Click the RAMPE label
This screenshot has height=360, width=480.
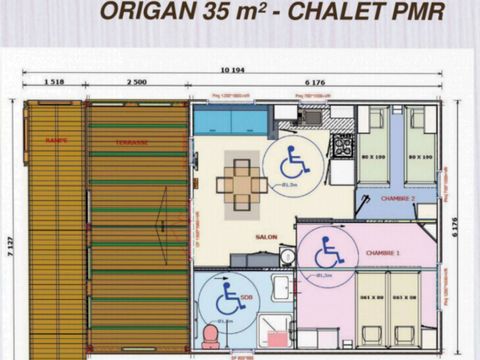[56, 141]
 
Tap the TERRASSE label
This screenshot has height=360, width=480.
[132, 142]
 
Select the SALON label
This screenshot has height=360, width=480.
[265, 236]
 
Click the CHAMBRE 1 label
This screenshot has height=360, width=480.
[384, 253]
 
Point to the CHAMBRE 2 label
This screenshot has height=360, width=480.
[398, 198]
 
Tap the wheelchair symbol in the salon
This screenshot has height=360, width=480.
[293, 160]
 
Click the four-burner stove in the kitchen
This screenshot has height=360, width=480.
[342, 146]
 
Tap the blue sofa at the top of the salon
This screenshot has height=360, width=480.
[230, 122]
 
